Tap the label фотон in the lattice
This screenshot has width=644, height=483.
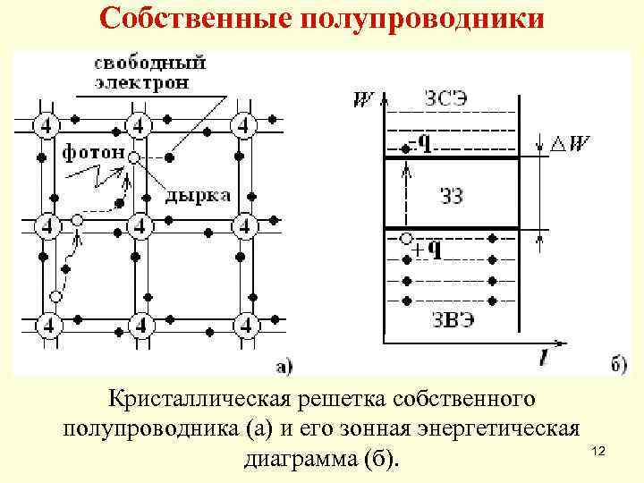click(93, 153)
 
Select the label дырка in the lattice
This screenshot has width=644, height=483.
click(199, 194)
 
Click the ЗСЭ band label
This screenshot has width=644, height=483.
click(446, 99)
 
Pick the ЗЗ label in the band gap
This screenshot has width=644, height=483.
click(452, 196)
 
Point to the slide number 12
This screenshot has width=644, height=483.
click(599, 455)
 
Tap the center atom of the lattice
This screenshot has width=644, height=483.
click(140, 224)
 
